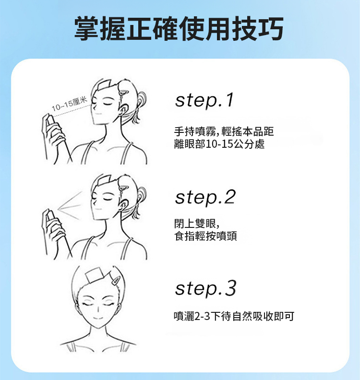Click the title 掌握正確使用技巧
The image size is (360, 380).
[179, 29]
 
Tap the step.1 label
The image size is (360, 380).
[204, 100]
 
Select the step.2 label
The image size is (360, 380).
[205, 197]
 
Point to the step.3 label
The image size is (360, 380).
[205, 288]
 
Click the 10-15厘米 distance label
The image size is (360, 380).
[69, 104]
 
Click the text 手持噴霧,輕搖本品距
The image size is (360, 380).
[224, 131]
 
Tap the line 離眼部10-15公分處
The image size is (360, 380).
[219, 144]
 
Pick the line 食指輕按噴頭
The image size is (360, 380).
[205, 236]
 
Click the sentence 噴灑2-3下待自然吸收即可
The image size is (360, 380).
[234, 316]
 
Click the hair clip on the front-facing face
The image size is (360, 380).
[115, 280]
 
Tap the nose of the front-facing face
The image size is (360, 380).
[98, 309]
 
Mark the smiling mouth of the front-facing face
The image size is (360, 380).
[98, 318]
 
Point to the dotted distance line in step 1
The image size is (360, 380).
[72, 110]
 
